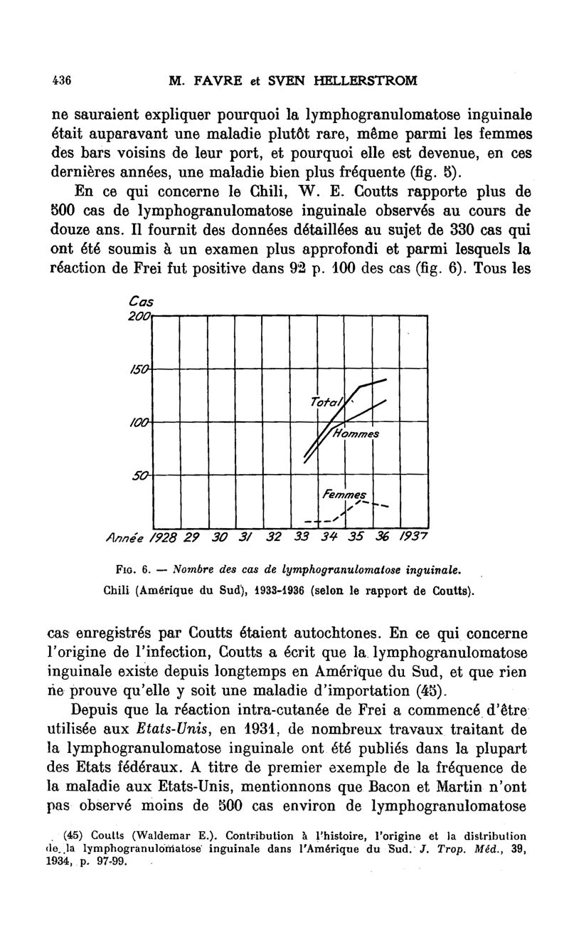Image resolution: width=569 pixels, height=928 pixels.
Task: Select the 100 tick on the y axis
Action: (142, 421)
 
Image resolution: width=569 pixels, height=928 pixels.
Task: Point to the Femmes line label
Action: (344, 493)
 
